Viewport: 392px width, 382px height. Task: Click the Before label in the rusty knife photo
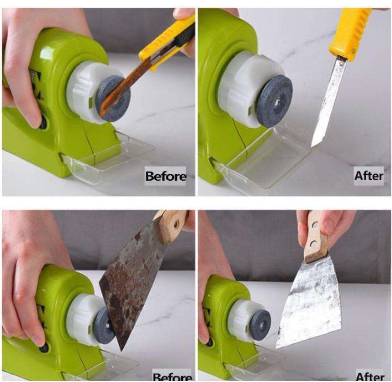point(166,176)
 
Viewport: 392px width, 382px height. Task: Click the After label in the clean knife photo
point(368,176)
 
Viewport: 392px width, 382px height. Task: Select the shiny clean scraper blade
point(310,302)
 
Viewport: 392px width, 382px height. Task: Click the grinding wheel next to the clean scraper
point(260,325)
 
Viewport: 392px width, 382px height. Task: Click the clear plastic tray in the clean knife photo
point(264,160)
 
